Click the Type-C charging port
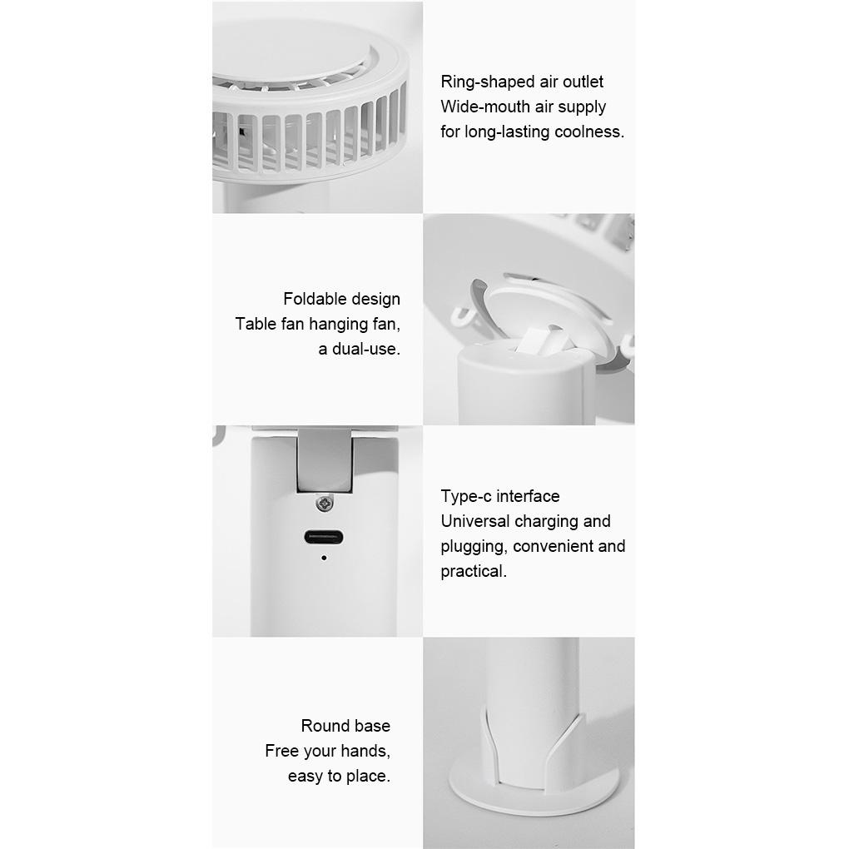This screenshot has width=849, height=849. coord(323,537)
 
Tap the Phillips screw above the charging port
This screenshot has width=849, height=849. coord(325,503)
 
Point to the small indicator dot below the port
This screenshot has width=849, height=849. coord(324,558)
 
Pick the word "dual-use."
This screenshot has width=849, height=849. coord(366,349)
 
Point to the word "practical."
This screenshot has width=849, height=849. coord(474,571)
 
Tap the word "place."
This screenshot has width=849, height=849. coord(368,776)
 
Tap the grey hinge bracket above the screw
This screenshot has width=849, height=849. coord(325,460)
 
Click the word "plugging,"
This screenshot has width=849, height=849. coord(474,546)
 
